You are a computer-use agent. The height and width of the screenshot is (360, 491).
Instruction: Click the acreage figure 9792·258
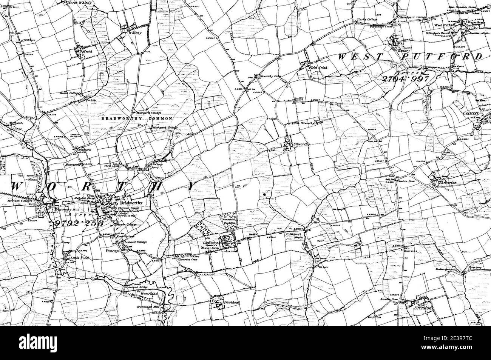point(79,223)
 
